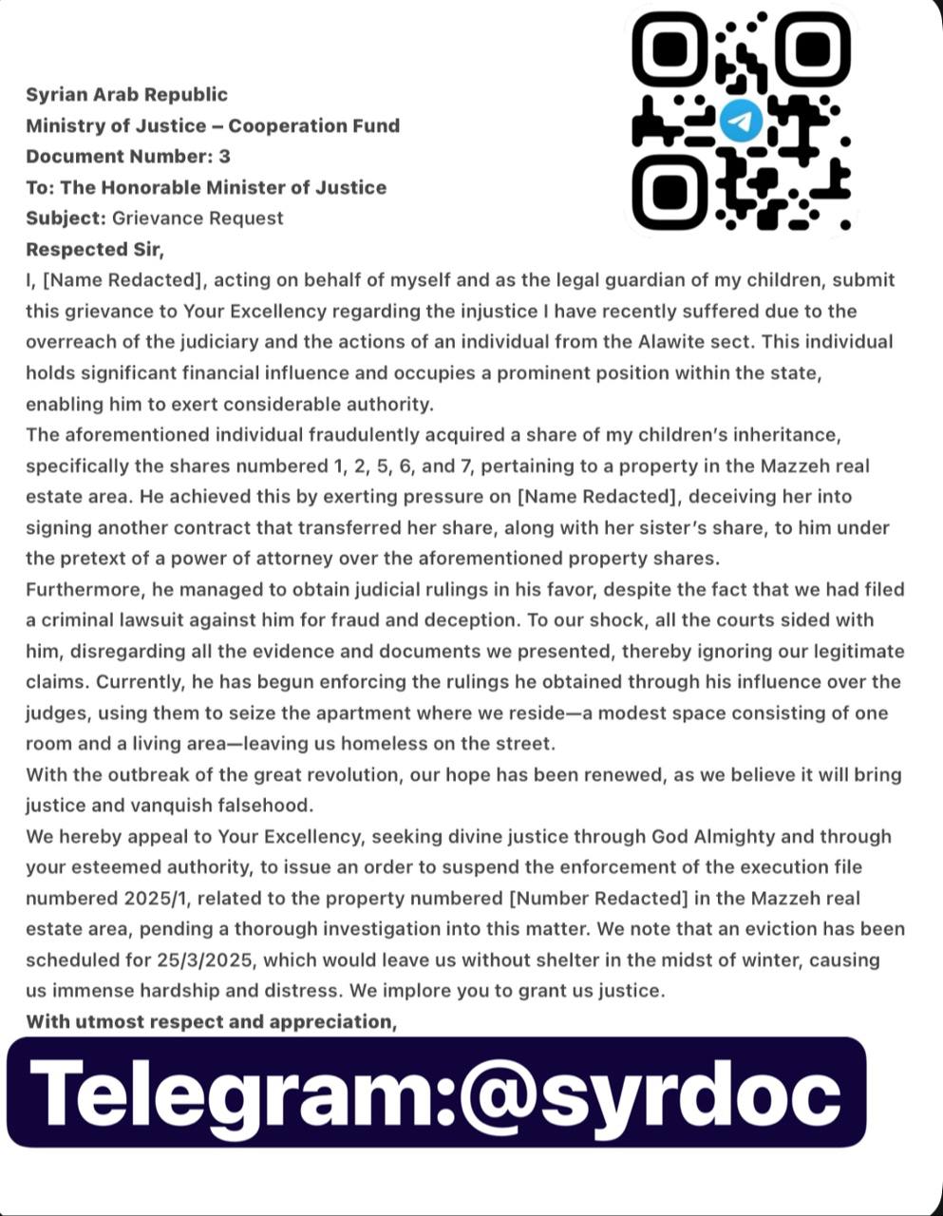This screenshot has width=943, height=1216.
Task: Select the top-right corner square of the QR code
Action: pos(813,49)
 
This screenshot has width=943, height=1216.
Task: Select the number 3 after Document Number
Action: pos(224,156)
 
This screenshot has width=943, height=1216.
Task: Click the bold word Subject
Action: pos(65,218)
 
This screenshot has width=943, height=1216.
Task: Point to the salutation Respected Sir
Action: pos(95,249)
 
